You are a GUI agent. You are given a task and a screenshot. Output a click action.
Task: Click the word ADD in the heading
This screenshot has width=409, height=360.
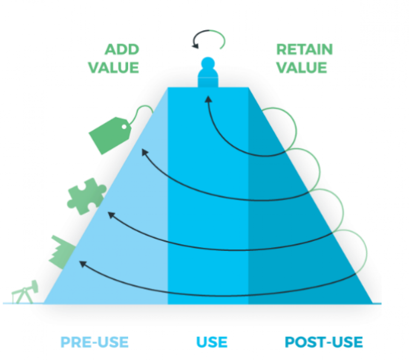(122, 49)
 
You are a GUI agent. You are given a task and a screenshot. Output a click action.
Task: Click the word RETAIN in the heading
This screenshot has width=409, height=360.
(305, 49)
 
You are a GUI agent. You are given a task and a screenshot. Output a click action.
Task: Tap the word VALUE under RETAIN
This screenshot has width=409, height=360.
(302, 67)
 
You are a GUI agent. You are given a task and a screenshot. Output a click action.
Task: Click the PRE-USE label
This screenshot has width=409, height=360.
(95, 342)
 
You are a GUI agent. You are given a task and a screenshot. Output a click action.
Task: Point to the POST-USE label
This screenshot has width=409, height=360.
(324, 342)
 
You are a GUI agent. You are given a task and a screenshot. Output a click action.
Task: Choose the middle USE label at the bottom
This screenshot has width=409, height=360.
(212, 342)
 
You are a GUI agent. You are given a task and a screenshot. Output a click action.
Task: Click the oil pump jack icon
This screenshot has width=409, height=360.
(25, 293)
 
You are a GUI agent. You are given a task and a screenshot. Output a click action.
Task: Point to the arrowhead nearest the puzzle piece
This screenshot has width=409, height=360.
(112, 215)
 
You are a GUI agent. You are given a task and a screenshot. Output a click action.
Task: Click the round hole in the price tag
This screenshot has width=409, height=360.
(124, 126)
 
